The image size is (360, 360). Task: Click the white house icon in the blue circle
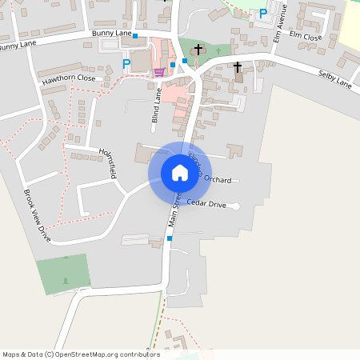179,172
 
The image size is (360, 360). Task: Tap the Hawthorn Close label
70,78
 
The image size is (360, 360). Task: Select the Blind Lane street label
157,110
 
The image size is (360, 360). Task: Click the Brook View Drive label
38,216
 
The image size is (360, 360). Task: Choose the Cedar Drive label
206,205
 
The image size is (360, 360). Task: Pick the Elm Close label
307,38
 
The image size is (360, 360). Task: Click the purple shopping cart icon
159,72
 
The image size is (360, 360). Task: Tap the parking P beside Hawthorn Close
126,63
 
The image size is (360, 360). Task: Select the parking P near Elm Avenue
262,14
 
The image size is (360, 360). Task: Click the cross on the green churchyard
198,50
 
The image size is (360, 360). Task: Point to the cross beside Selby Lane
237,67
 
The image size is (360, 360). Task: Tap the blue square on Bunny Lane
134,36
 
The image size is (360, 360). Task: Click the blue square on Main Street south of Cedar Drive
170,238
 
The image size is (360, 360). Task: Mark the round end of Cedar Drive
236,206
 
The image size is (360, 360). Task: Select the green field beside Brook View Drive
62,273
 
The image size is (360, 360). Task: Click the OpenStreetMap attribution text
80,354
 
